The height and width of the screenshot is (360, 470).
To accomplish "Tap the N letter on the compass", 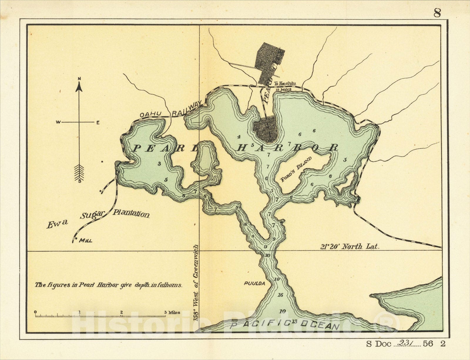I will (79, 78).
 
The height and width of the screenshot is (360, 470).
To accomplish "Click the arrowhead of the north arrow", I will (79, 87).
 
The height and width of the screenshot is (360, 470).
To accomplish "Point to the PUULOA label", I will (254, 284).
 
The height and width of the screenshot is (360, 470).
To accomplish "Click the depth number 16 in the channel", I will (280, 295).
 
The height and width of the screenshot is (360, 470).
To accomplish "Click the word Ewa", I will (57, 224).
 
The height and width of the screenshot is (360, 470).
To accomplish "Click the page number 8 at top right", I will (437, 13).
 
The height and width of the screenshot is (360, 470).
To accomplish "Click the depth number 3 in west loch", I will (159, 164).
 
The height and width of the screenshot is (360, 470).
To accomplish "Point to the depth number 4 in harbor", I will (239, 137).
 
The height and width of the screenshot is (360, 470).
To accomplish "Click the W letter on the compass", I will (58, 123).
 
